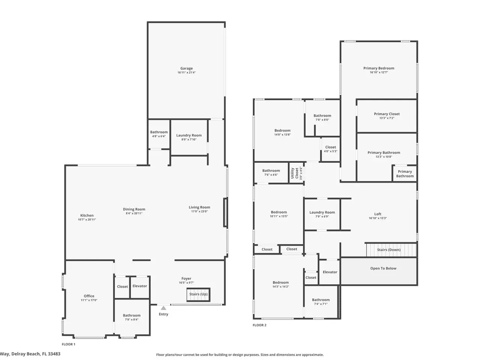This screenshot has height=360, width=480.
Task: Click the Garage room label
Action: point(186,68)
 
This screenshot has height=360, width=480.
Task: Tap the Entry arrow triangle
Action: point(163,308)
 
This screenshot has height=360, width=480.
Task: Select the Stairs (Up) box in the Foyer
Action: point(198,294)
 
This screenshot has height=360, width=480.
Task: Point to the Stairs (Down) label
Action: point(388,250)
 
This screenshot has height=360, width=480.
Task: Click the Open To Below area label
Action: point(383,268)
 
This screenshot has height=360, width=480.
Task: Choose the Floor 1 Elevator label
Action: point(139,286)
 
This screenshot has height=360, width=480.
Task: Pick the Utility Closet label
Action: point(294,173)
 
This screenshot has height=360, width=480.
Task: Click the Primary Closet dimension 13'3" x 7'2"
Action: point(387,118)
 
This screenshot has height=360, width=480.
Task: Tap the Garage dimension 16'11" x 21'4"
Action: point(186,72)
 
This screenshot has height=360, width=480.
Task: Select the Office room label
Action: point(89,296)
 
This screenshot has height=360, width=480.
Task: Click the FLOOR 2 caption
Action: point(259,325)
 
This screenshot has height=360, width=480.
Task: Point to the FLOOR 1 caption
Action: point(69,344)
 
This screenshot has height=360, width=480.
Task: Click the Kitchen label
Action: point(87,215)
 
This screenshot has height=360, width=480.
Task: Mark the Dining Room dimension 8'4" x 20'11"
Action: point(134,213)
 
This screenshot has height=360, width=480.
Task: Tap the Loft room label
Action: point(378,214)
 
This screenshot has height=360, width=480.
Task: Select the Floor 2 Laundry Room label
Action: point(322,212)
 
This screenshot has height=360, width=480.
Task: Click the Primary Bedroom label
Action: point(379,68)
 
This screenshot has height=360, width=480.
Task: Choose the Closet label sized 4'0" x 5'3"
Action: point(330,147)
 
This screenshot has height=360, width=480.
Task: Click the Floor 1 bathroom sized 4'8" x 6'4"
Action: point(159,132)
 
